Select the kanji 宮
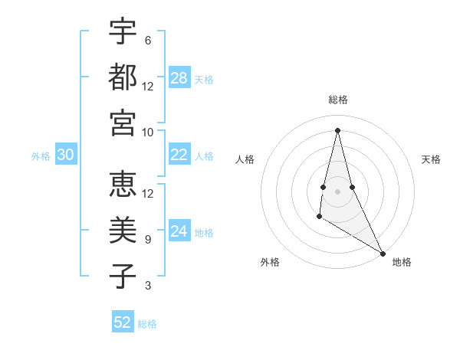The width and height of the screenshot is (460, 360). pos(123,122)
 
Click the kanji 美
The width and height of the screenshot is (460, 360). pos(123,230)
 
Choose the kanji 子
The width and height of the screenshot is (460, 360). pos(123,276)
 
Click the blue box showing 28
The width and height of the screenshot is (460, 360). pos(179,78)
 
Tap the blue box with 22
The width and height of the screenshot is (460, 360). pos(179,155)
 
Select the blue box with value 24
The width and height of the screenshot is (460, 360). pos(179,231)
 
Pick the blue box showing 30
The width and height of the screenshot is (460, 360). pos(65,155)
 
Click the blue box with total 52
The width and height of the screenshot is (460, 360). pos(123,322)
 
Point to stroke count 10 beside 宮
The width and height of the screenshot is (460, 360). pos(148,132)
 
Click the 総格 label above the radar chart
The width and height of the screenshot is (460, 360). pos(338,100)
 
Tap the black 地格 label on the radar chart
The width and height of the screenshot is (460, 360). pos(402,263)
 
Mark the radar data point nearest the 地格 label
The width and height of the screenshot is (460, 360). pos(383,253)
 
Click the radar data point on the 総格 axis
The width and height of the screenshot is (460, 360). pos(337,129)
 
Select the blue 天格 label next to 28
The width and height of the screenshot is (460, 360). pos(204,80)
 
